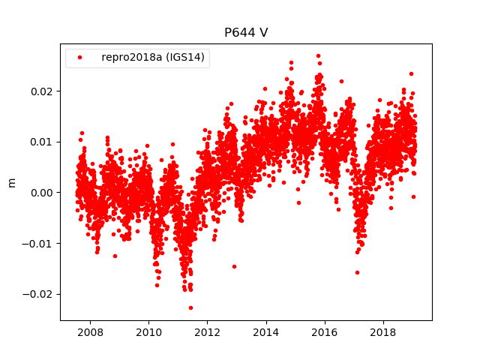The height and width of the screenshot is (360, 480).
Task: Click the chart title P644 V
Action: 245,33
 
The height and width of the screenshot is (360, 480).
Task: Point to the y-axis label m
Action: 11,182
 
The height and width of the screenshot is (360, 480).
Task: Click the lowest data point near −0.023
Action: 190,307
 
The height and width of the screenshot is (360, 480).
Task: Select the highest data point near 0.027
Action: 318,55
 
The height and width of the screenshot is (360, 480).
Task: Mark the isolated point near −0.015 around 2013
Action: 234,266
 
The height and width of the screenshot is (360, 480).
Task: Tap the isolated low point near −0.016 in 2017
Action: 357,272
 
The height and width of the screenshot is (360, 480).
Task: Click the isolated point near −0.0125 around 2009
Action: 115,256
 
